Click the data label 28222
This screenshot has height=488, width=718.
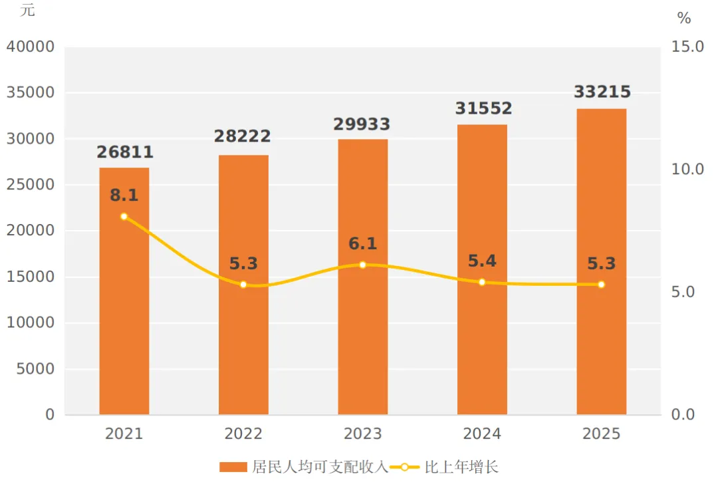click(x=243, y=136)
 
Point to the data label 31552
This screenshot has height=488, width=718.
click(x=483, y=108)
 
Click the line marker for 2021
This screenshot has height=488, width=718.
click(x=124, y=217)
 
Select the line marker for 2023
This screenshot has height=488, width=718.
click(x=362, y=265)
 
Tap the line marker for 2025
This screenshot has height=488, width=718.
click(x=601, y=285)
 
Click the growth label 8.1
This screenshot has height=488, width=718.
click(x=124, y=195)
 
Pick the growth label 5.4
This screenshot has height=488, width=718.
click(x=482, y=261)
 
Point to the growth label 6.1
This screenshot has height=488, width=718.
click(x=362, y=244)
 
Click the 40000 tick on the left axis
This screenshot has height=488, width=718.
click(x=31, y=47)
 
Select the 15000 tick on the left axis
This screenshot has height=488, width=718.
click(x=31, y=277)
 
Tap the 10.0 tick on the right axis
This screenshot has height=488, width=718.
click(x=687, y=170)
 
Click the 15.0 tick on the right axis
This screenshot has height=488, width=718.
click(x=687, y=47)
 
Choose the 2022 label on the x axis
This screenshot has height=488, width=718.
click(x=243, y=434)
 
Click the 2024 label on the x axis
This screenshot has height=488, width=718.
click(x=482, y=434)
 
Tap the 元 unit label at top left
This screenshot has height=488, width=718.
click(x=27, y=11)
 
